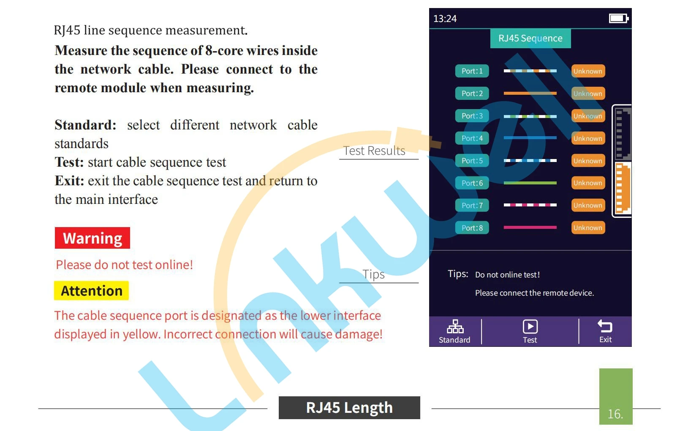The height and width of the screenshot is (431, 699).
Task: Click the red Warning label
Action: (92, 238)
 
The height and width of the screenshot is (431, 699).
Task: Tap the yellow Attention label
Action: (91, 291)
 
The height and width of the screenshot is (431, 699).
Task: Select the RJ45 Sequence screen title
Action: (530, 38)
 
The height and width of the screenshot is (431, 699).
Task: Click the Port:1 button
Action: (472, 71)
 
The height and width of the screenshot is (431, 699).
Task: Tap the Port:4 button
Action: (472, 138)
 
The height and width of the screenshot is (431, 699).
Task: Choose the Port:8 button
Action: (472, 228)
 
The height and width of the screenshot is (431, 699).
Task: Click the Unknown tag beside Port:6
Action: (588, 183)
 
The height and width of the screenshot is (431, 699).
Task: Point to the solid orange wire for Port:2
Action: (530, 93)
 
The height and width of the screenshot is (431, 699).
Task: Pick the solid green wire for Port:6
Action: (530, 183)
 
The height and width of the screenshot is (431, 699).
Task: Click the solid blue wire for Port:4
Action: (530, 138)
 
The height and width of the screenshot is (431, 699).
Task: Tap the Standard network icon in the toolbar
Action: (455, 327)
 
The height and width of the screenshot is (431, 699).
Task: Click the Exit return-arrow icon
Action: (605, 326)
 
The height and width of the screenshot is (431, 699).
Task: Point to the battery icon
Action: (618, 18)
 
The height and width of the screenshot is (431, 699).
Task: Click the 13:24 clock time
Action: (445, 19)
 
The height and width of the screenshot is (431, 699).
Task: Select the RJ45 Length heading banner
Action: (349, 408)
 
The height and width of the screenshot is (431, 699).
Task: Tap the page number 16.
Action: (615, 414)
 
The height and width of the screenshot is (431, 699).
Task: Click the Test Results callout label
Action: (374, 151)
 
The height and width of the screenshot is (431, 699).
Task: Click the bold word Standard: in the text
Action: (85, 125)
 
